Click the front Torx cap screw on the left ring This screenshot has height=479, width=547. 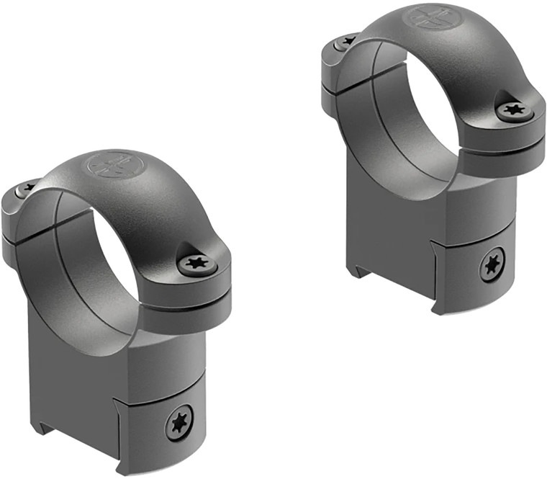pos(196,264)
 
